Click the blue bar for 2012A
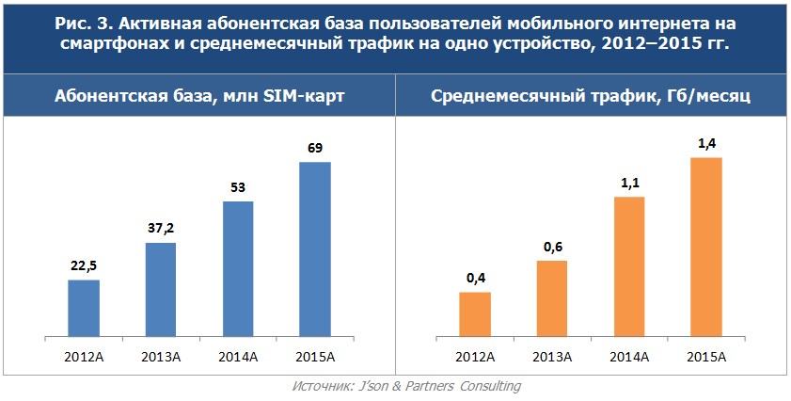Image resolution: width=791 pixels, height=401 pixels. pos(84,308)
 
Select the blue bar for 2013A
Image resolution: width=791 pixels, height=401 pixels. pos(161,289)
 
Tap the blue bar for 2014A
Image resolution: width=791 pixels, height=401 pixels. pos(238,268)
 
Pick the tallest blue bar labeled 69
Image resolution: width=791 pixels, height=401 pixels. pos(315,249)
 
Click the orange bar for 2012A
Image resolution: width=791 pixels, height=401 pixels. pos(475,313)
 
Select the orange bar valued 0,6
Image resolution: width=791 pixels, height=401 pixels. pos(552,297)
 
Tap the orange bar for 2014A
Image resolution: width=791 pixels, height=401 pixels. pos(629,265)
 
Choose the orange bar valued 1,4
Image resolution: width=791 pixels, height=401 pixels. pos(706,246)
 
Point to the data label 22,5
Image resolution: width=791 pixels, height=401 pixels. pos(84,265)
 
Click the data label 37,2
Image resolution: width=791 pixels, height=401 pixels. pos(161,229)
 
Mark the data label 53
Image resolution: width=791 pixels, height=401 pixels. pos(238,187)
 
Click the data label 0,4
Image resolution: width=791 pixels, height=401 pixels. pos(475,278)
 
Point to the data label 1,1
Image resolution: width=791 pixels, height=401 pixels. pos(629,183)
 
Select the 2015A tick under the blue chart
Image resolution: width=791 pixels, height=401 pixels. pos(315,356)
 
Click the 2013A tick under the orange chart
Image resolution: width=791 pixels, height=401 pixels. pos(552,356)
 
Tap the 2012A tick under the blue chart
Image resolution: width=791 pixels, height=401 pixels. pos(84,356)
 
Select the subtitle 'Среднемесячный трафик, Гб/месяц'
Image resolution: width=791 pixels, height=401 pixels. pos(590,97)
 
